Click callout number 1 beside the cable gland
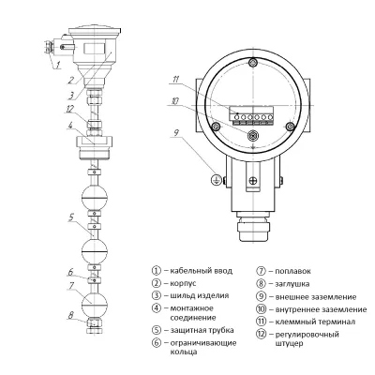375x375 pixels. pyautogui.click(x=57, y=66)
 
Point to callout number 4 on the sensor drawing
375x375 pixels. pyautogui.click(x=58, y=139)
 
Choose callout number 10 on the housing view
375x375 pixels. pyautogui.click(x=174, y=100)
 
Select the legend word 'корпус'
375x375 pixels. pyautogui.click(x=182, y=282)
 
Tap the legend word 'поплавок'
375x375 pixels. pyautogui.click(x=293, y=269)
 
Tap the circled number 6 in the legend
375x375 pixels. pyautogui.click(x=156, y=342)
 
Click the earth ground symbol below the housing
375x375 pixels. pyautogui.click(x=217, y=176)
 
